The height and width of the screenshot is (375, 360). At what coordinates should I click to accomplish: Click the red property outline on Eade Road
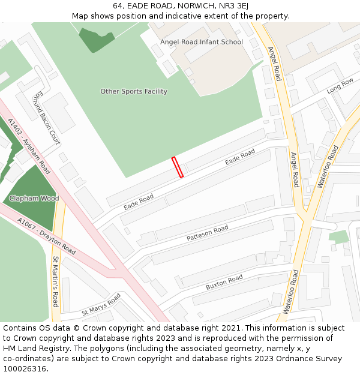pos(178,167)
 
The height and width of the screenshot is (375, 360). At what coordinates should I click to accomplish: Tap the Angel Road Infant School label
pos(202,42)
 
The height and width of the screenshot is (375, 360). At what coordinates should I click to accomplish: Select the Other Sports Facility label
pos(134,91)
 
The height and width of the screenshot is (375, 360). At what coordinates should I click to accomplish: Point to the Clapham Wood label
pos(34,198)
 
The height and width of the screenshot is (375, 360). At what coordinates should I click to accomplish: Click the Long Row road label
pos(340,86)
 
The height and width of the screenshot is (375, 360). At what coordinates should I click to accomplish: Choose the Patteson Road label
pos(208,233)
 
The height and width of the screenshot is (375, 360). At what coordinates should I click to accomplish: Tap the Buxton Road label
pos(224,282)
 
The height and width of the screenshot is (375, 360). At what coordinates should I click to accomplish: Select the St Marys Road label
pos(101,305)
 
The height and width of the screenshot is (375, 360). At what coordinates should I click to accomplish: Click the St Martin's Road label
pos(55,281)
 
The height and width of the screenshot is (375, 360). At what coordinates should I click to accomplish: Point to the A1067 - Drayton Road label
pos(47,236)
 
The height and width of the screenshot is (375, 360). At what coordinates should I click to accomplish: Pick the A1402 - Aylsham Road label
pos(29,142)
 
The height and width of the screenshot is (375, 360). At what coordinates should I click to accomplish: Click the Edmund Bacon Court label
pos(47,118)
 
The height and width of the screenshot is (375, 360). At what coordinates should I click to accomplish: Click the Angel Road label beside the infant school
pos(274,64)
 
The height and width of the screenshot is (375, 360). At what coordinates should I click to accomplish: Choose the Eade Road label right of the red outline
pos(240,157)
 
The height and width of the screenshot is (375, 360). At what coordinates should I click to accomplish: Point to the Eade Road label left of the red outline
pos(139,202)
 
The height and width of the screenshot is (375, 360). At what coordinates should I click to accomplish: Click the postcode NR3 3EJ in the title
pos(231,6)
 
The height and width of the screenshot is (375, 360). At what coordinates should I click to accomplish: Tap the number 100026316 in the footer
pos(25,368)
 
